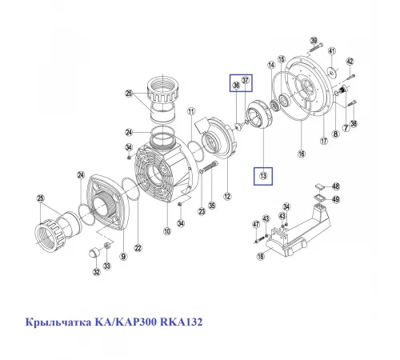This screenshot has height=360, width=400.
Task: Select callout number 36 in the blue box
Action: tap(236, 86)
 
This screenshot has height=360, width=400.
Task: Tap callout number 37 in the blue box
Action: tap(246, 79)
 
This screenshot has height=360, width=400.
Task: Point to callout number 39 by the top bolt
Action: tap(314, 41)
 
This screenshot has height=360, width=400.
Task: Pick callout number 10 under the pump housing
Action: tap(167, 232)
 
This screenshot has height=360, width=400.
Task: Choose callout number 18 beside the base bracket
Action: tap(260, 256)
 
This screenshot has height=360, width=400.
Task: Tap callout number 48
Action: tap(336, 186)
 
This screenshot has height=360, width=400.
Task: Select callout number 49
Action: tap(336, 199)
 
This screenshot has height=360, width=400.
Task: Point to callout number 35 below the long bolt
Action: tap(212, 205)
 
